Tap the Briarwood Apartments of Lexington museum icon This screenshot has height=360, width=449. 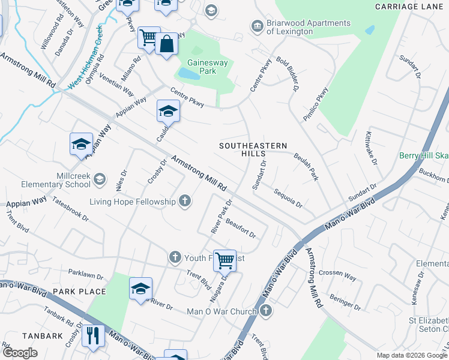(257, 27)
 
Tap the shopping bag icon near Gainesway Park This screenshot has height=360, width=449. (166, 45)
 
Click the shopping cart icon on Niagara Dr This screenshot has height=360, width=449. (224, 260)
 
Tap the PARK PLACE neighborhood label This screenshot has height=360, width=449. (79, 292)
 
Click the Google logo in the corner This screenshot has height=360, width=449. (20, 352)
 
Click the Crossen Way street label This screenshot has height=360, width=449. (337, 275)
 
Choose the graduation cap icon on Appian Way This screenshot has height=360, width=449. (81, 144)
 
